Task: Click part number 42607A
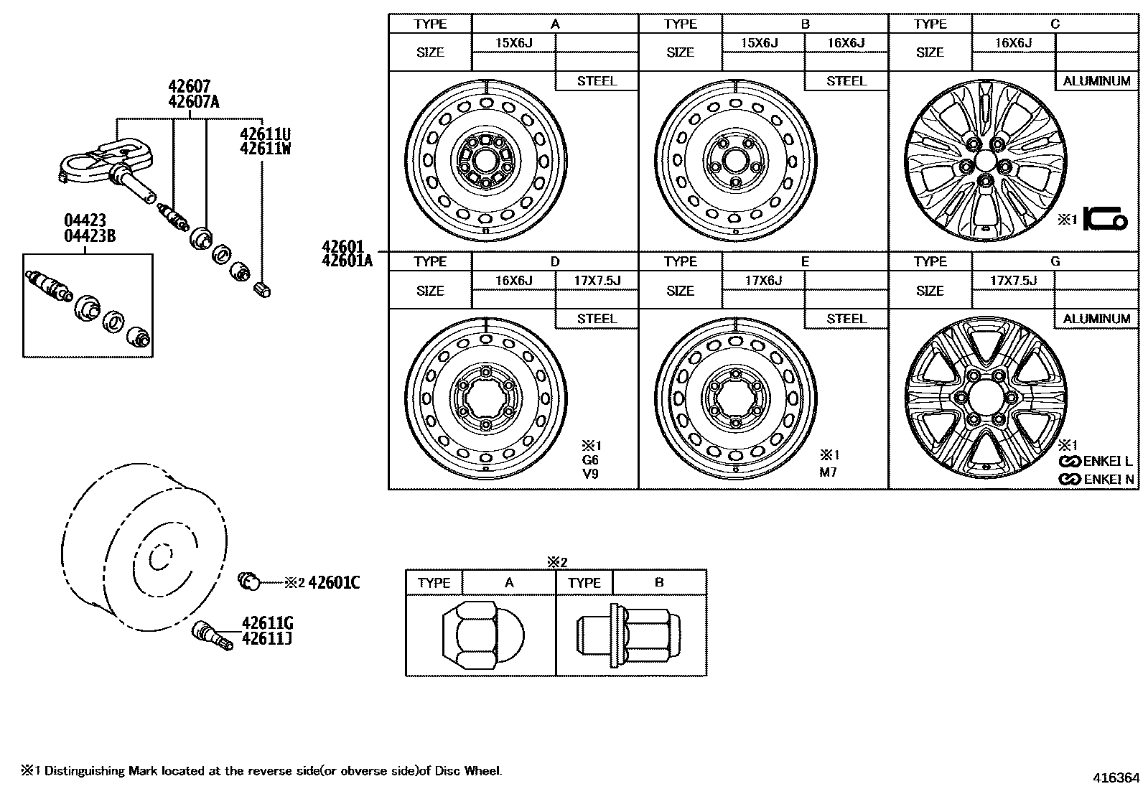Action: click(x=193, y=102)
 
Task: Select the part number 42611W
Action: click(x=265, y=149)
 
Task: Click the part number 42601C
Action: click(x=334, y=582)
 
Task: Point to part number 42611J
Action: click(x=267, y=638)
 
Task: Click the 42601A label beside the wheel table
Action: click(x=347, y=261)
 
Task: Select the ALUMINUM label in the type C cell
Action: click(x=1096, y=81)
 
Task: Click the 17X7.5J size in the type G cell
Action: click(x=1013, y=280)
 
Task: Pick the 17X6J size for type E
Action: click(x=763, y=280)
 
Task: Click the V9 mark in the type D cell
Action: click(x=589, y=474)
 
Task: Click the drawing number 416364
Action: click(x=1116, y=778)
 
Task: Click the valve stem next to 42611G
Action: click(x=213, y=635)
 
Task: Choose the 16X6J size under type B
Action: click(x=846, y=43)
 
